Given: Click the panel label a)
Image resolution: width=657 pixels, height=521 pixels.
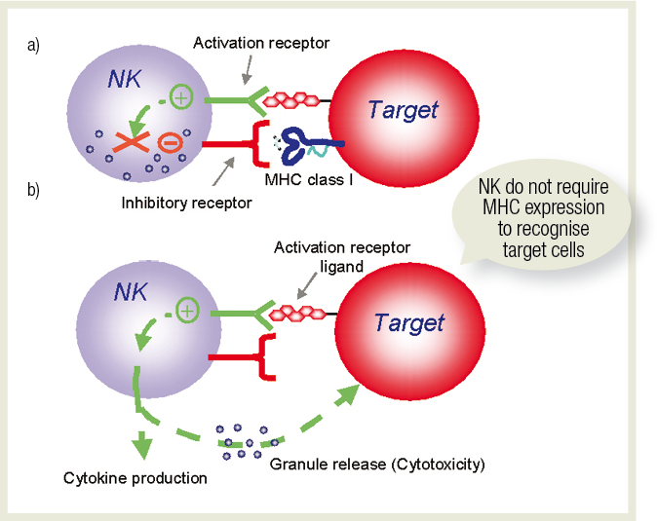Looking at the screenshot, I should [33, 46].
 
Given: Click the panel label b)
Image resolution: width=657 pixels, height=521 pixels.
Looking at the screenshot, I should [33, 189].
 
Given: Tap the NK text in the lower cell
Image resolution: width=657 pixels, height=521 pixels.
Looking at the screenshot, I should [133, 291].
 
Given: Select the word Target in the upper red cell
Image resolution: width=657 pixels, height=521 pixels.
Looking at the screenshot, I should [403, 109].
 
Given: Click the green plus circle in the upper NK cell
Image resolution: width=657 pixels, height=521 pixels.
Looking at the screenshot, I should [180, 95].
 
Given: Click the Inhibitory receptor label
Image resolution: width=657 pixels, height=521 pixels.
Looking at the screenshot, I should [187, 203].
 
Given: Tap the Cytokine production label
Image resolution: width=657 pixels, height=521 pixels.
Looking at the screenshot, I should [135, 478].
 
